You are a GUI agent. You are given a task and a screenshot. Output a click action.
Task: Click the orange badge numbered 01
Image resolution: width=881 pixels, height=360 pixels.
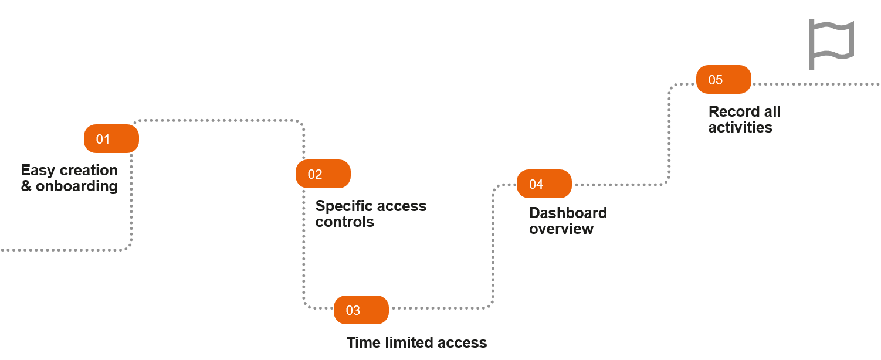(x=111, y=139)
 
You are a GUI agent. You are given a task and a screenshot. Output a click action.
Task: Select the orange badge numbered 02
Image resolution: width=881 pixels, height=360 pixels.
(x=323, y=174)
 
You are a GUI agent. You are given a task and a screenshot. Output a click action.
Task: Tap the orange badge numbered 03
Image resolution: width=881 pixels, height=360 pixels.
(x=361, y=310)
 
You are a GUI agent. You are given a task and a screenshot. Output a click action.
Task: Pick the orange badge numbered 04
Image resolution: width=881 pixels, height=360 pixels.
(x=544, y=184)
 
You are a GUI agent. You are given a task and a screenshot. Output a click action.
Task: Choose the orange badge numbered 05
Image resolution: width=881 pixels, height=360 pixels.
(x=723, y=80)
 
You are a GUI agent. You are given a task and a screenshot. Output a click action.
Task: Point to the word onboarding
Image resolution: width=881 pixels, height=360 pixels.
(x=77, y=186)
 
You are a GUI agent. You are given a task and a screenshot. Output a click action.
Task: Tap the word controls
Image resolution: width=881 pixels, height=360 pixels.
(x=344, y=222)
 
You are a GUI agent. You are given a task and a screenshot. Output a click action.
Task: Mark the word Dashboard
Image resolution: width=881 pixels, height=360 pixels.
(x=568, y=213)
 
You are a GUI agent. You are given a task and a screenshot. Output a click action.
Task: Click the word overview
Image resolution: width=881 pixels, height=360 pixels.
(x=561, y=229)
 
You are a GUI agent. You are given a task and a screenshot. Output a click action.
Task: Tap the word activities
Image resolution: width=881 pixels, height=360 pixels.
(x=740, y=127)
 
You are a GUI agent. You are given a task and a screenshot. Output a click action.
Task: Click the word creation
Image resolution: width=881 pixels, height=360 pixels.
(x=89, y=171)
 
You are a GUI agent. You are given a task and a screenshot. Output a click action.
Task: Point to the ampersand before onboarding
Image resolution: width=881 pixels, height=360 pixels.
(x=26, y=186)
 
